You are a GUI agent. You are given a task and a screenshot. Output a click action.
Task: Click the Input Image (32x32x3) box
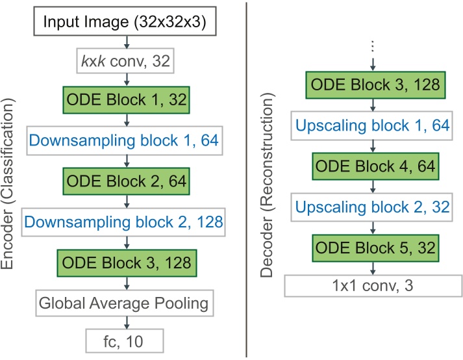tap(125, 22)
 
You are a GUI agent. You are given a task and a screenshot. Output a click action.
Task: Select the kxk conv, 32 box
tap(125, 62)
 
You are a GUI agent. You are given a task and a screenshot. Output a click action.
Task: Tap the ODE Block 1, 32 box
tap(125, 101)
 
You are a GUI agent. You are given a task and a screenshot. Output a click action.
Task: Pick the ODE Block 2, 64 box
tap(125, 181)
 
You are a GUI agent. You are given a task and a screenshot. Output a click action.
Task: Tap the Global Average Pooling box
tap(125, 302)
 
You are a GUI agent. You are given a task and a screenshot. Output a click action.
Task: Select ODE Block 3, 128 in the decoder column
tap(372, 84)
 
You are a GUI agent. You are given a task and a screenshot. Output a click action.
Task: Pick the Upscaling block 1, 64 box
tap(372, 125)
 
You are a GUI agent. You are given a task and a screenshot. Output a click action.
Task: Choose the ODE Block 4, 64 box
tap(372, 166)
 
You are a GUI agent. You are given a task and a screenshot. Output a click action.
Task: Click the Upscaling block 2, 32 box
tap(372, 207)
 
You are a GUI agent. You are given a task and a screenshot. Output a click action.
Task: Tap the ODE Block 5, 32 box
tap(372, 248)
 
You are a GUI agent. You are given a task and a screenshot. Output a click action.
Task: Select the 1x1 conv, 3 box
tap(372, 285)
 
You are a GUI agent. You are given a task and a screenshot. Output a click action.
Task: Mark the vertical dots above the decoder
tap(372, 47)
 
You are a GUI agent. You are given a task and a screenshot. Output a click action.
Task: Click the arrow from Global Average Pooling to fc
tap(125, 321)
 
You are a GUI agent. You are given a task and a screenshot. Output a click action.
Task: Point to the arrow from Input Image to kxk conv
tap(125, 42)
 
